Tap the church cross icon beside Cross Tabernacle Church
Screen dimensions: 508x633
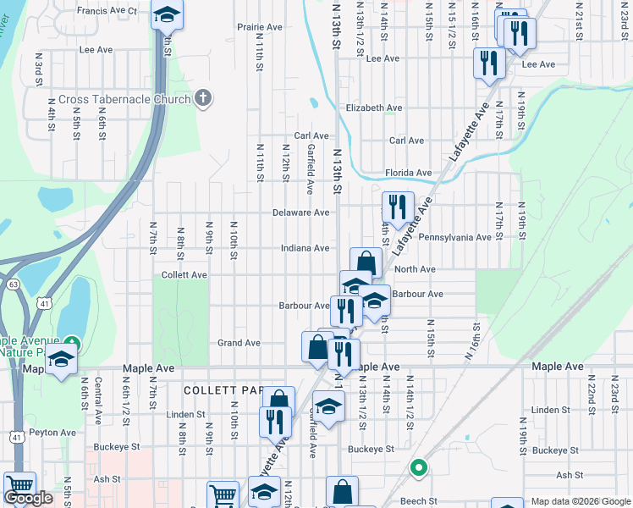201,99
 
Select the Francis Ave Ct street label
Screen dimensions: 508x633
107,10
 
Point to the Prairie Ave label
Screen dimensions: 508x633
260,27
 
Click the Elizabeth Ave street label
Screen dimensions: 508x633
374,108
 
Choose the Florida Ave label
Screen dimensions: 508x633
409,173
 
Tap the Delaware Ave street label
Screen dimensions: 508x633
300,213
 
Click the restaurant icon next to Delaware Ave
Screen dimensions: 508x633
398,206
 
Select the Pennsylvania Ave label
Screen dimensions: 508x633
454,238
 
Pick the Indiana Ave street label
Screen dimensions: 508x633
305,248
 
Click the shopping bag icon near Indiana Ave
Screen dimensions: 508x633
366,262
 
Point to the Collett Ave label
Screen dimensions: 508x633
184,275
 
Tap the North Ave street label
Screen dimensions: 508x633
415,269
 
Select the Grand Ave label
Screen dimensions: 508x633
239,343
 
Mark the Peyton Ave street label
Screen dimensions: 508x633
52,432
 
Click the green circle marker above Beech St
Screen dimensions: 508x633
416,467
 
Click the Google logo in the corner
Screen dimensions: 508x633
28,498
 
